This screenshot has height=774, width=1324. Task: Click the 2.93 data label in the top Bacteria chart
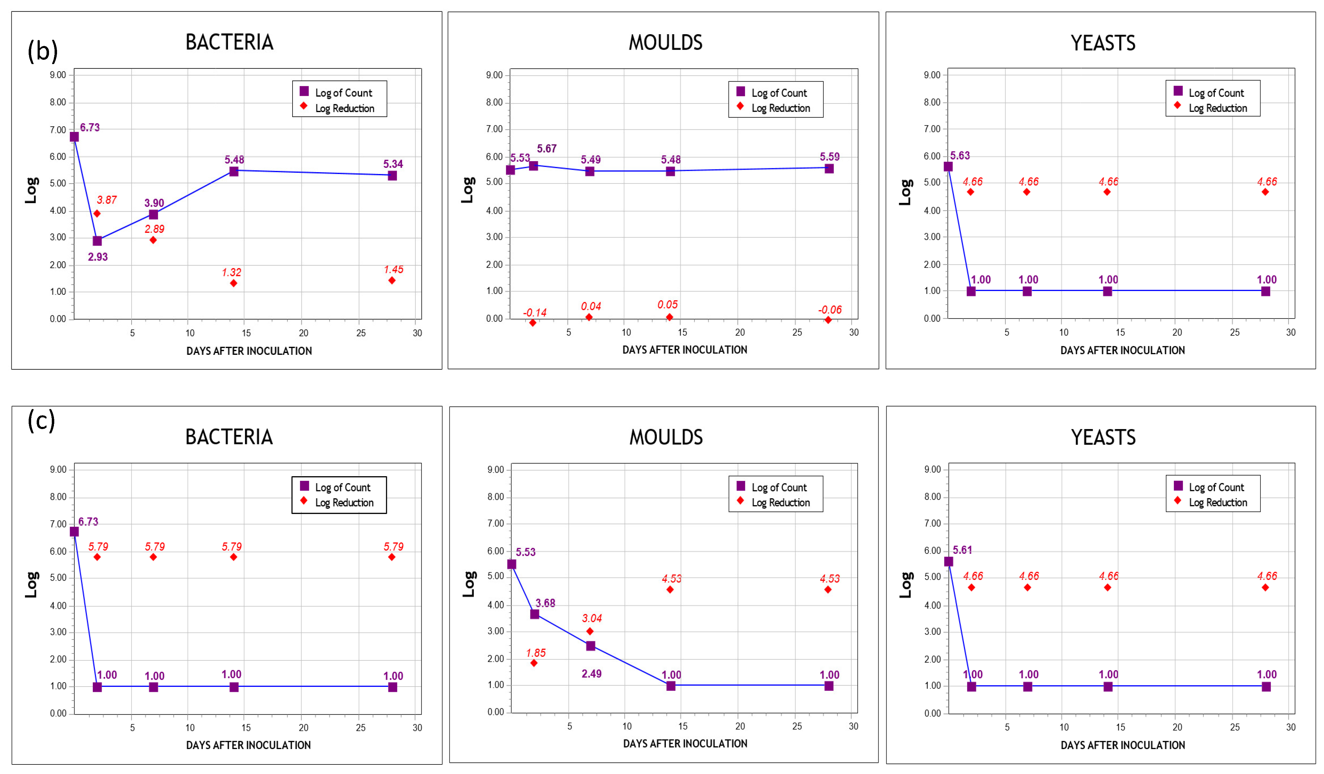tap(98, 257)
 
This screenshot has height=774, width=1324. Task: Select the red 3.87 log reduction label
tap(107, 200)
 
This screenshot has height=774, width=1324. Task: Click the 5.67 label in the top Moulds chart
tap(547, 148)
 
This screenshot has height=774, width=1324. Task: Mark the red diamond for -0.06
tap(828, 320)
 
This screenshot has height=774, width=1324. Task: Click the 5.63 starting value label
tap(960, 156)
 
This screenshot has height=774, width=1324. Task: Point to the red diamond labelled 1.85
tap(534, 663)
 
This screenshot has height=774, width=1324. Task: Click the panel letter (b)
tap(43, 51)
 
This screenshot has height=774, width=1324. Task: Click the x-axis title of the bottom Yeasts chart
tap(1122, 745)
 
